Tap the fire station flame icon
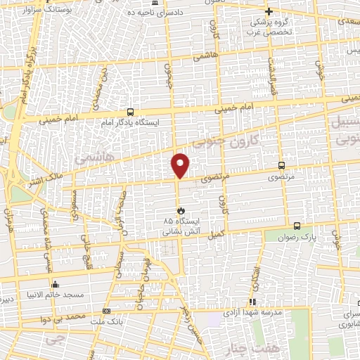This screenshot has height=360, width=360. tap(181, 210)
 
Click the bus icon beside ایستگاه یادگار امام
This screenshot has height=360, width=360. tap(130, 111)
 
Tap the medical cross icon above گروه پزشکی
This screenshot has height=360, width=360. tap(269, 11)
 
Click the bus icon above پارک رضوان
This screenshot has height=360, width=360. tap(297, 226)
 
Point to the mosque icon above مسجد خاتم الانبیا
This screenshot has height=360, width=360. tap(55, 285)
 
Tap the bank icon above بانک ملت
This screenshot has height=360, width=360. tap(106, 311)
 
